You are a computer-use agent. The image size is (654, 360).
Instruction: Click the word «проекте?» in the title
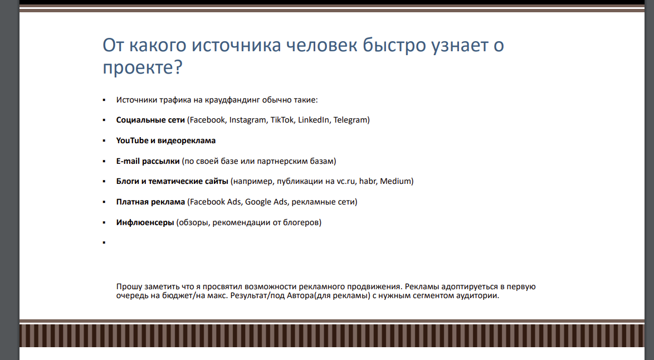pos(143,67)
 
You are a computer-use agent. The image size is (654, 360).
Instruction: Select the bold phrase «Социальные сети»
pos(150,120)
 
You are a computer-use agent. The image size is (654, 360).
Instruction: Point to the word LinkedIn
pos(314,120)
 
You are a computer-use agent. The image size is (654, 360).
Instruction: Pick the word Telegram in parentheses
pos(352,120)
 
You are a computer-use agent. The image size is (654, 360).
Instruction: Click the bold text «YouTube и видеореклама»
pos(166,140)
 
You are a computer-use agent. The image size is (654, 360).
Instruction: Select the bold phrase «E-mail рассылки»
pos(148,161)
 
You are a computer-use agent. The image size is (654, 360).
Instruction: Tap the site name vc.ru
pos(346,181)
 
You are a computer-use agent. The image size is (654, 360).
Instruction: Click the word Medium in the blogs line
pos(396,181)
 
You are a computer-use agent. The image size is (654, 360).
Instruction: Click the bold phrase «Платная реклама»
pos(150,202)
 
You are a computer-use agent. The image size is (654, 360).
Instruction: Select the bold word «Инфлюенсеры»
pos(145,222)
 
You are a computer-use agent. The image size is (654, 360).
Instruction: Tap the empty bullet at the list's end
pos(104,243)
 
